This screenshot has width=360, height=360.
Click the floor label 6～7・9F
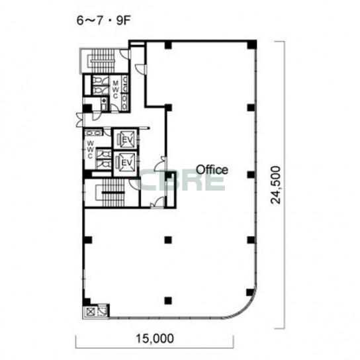(x=103, y=21)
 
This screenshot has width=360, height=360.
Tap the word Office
(x=212, y=170)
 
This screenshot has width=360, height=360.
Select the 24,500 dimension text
(x=275, y=185)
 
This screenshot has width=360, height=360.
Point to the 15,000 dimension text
(x=155, y=339)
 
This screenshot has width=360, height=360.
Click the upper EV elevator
(x=125, y=139)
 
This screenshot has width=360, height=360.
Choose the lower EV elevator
(x=125, y=163)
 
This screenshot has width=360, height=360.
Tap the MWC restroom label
(x=116, y=89)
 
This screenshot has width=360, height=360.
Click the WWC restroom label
(x=91, y=150)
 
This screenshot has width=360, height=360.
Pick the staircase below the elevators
(x=112, y=193)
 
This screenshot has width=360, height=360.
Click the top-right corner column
(x=252, y=44)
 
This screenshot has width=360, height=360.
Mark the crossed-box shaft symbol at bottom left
(x=91, y=312)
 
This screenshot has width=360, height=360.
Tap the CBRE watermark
(x=180, y=179)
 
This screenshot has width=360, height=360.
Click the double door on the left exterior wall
(x=80, y=120)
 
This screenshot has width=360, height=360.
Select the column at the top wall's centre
(x=168, y=45)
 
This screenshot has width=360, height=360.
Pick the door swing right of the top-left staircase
(x=124, y=54)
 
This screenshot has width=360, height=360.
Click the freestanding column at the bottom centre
(x=168, y=300)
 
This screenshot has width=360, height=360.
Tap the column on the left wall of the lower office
(x=87, y=240)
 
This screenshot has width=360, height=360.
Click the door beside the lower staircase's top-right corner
(x=134, y=184)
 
